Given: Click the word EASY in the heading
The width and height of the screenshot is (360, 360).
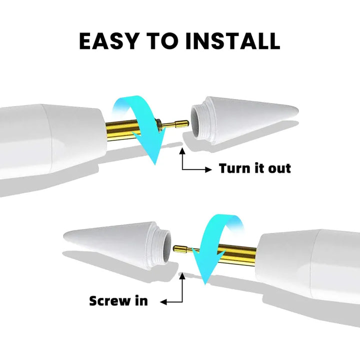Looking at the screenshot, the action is click(108, 41).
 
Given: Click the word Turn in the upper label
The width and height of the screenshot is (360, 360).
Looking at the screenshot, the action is click(235, 168).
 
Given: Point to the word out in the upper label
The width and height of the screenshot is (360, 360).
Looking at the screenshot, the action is click(279, 168).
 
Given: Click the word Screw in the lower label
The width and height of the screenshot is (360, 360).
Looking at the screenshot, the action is click(109, 301).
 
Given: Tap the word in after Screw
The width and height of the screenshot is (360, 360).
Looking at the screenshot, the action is click(141, 300).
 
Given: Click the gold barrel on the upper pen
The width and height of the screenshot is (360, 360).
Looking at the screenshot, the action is click(121, 130).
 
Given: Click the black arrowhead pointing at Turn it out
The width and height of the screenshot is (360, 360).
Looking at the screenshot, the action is click(208, 169).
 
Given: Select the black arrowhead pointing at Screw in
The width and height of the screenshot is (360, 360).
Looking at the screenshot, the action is click(163, 302).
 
